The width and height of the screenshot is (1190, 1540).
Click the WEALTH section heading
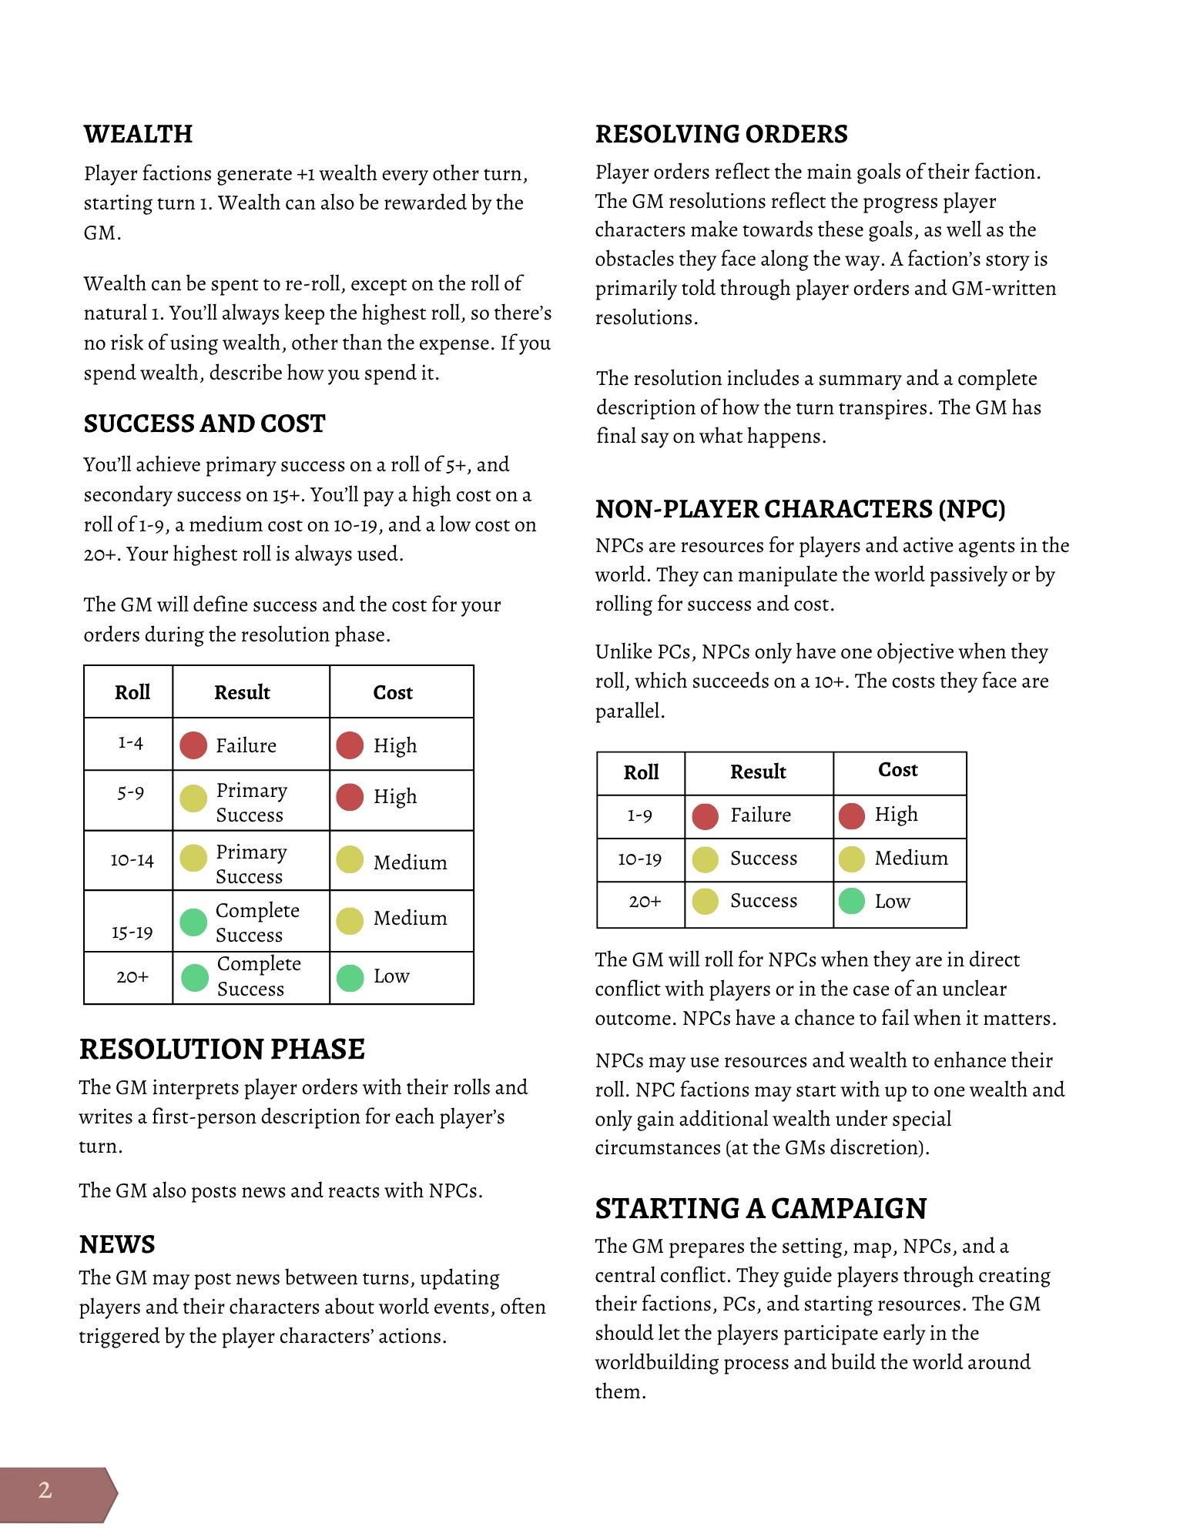138,134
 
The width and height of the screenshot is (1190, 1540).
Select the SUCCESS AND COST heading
204,423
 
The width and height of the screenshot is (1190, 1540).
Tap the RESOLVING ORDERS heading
721,134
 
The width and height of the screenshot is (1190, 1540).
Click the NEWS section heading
117,1244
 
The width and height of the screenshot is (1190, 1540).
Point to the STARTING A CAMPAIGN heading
760,1208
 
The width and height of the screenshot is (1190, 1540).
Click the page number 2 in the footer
45,1490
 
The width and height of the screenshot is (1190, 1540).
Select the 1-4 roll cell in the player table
130,743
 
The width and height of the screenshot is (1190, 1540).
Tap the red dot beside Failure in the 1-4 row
193,745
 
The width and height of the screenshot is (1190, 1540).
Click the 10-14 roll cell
132,860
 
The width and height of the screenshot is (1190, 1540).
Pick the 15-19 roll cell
132,932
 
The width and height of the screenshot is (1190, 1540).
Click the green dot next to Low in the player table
350,978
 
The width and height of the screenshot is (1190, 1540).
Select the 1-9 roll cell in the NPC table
639,815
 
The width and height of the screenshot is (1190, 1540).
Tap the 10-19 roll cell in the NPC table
639,859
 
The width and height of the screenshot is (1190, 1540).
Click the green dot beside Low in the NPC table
852,901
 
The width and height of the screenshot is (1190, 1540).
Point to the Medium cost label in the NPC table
911,858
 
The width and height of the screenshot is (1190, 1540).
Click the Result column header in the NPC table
758,772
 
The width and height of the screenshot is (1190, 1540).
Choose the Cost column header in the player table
393,692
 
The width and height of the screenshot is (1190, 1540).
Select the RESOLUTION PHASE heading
222,1049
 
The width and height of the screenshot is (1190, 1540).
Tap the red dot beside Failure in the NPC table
705,816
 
